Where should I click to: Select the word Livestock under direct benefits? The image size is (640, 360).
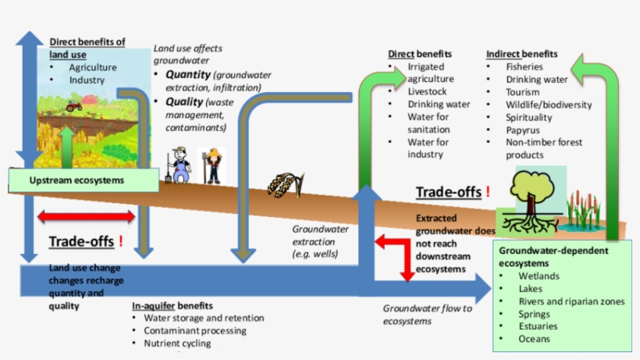click(427, 91)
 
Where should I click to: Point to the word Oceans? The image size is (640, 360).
click(535, 339)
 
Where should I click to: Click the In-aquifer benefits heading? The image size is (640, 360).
click(172, 305)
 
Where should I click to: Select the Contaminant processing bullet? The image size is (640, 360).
click(195, 330)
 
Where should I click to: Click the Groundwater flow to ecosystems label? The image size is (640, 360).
click(427, 314)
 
